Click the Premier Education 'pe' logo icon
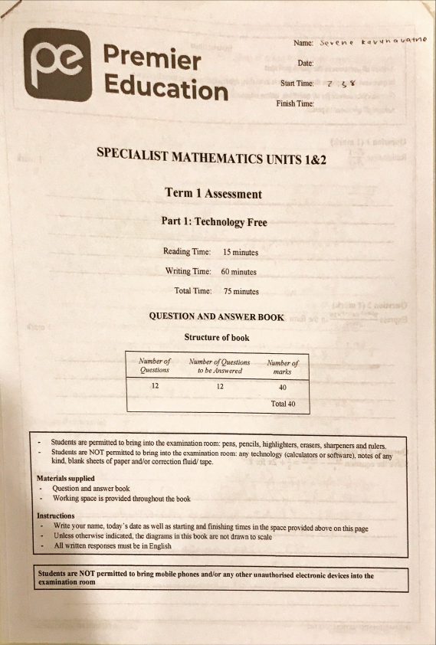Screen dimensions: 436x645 click(x=56, y=64)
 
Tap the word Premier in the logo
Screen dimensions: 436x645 click(x=152, y=58)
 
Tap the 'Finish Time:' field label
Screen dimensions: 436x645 click(x=295, y=103)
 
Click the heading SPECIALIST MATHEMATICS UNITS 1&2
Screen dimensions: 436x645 click(x=211, y=156)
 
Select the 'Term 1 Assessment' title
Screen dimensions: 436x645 click(x=213, y=194)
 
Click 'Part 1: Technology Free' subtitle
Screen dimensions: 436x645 click(x=214, y=221)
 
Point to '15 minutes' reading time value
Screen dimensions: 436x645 click(x=241, y=252)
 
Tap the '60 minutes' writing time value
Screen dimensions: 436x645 click(x=238, y=271)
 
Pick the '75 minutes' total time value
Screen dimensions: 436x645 click(x=241, y=291)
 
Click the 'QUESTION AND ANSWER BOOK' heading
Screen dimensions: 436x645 click(x=217, y=316)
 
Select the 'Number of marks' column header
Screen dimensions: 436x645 click(x=283, y=366)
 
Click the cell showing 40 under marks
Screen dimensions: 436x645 click(x=283, y=388)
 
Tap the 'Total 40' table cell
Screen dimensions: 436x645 click(x=282, y=403)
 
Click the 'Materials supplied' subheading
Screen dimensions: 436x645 click(x=66, y=478)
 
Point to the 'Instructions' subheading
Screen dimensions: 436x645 click(x=56, y=516)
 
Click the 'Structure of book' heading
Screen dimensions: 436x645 click(x=217, y=336)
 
